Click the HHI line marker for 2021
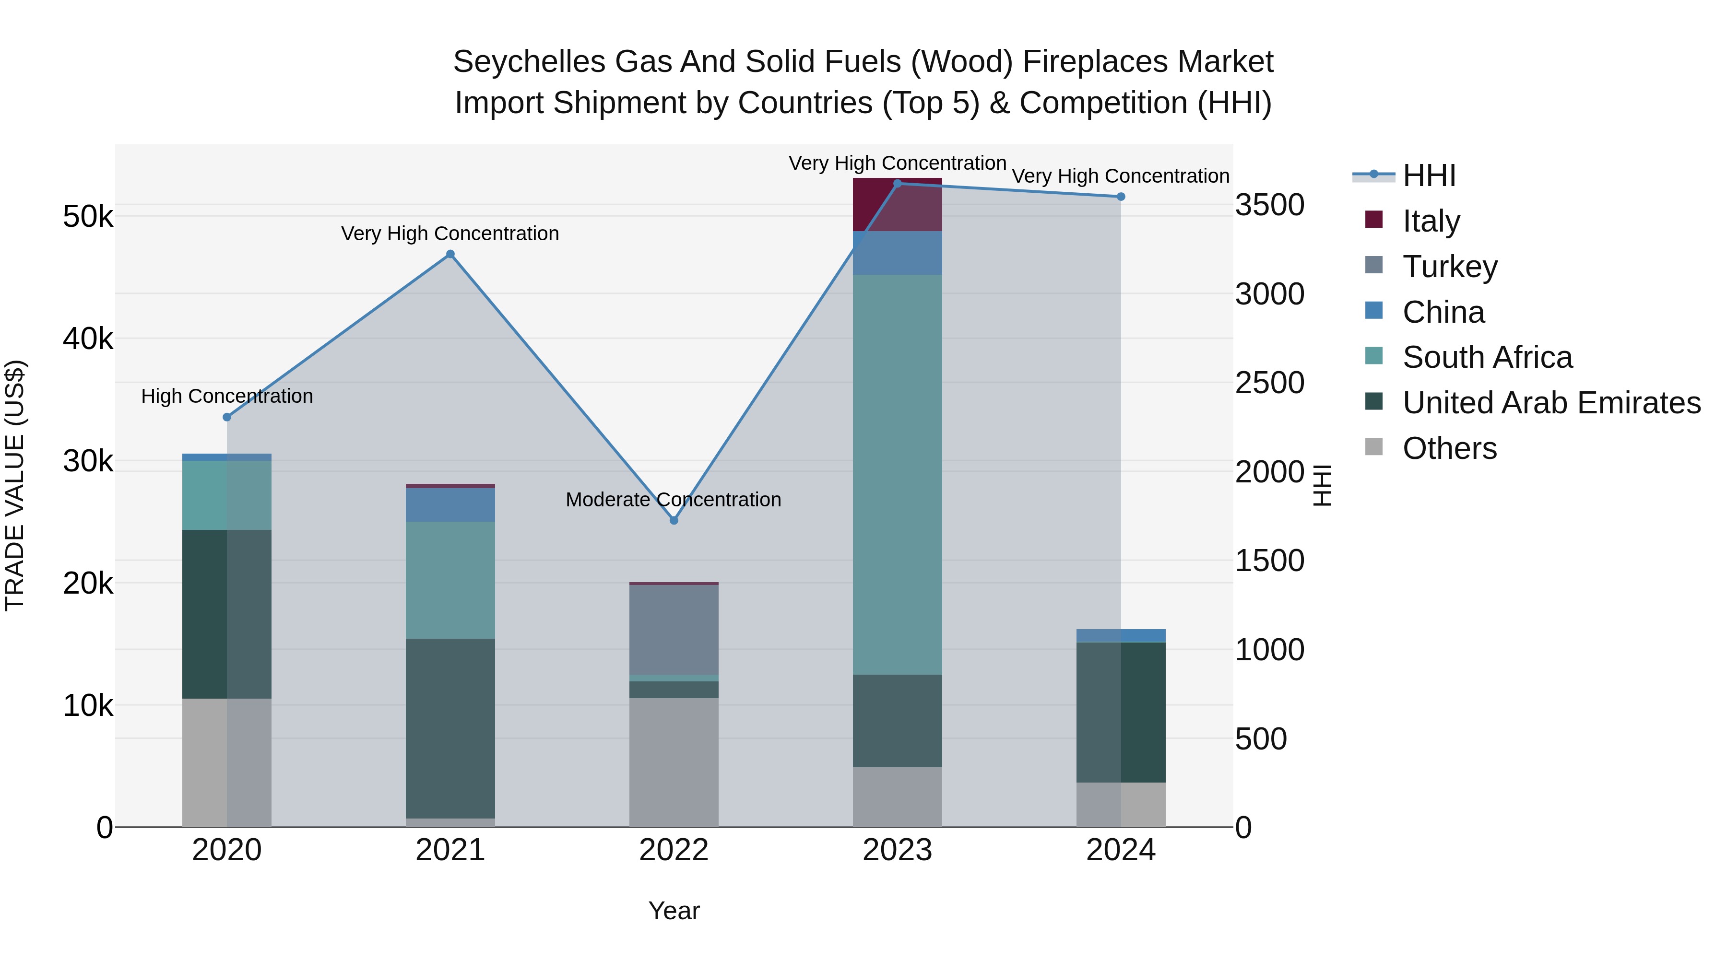tap(450, 254)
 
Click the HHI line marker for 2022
tap(674, 520)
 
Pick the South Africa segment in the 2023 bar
tap(897, 474)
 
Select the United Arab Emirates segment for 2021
tap(450, 728)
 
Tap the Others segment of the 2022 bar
tap(674, 762)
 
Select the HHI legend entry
tap(1428, 175)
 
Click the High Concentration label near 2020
tap(226, 396)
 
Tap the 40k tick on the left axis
tap(88, 339)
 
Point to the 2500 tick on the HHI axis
tap(1269, 383)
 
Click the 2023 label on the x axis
tap(897, 850)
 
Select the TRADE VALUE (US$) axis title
tap(15, 485)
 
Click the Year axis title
tap(674, 911)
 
